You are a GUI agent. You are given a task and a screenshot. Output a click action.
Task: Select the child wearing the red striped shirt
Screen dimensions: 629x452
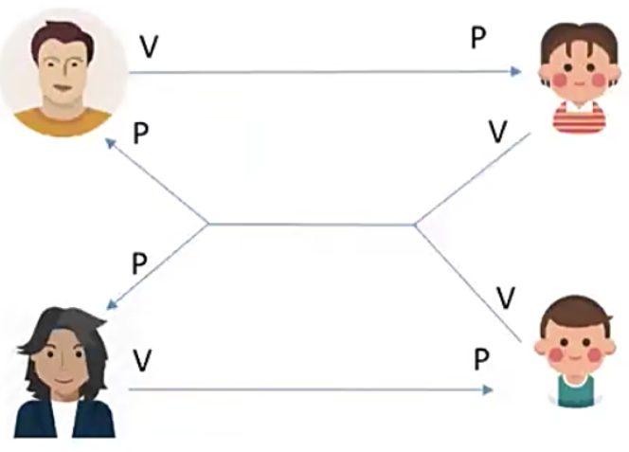[578, 81]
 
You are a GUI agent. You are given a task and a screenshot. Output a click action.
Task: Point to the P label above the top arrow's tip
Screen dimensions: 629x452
[479, 39]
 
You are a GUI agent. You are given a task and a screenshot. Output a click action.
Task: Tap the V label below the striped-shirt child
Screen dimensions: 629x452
[496, 132]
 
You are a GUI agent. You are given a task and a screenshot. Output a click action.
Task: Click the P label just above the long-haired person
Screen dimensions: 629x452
[139, 262]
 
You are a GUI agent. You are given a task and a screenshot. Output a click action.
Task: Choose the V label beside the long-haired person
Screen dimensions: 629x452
[142, 359]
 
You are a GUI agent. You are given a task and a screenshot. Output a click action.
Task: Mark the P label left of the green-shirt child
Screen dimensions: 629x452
[482, 359]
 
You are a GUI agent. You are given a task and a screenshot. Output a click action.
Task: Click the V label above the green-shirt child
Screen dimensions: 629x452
[506, 298]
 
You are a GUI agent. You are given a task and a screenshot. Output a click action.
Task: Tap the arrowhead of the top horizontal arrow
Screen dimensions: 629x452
[516, 71]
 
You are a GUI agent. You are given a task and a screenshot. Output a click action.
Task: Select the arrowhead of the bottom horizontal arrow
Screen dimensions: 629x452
[489, 389]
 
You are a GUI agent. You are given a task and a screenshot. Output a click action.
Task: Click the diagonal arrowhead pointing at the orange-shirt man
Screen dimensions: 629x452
[110, 142]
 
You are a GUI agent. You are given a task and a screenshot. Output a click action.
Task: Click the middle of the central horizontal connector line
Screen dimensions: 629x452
[311, 225]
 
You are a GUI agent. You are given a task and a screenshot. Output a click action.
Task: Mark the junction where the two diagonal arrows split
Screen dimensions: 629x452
[208, 225]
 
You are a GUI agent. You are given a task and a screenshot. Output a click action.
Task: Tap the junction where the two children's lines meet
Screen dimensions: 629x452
[414, 225]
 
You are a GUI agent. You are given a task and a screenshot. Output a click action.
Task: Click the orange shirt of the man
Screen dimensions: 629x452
[63, 121]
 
